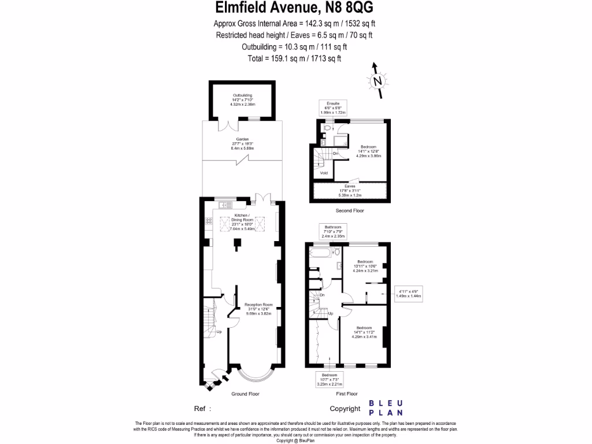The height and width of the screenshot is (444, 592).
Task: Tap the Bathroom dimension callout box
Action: pyautogui.click(x=333, y=232)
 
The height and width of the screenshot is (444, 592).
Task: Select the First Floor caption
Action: pyautogui.click(x=347, y=394)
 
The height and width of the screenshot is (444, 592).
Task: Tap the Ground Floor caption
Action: pyautogui.click(x=245, y=394)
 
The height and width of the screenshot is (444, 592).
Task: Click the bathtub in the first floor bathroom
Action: pyautogui.click(x=324, y=253)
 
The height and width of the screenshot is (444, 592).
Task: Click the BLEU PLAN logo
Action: pyautogui.click(x=386, y=408)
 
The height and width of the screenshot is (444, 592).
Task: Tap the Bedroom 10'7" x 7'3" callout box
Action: pyautogui.click(x=330, y=380)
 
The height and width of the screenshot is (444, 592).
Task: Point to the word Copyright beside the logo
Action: pyautogui.click(x=345, y=408)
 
